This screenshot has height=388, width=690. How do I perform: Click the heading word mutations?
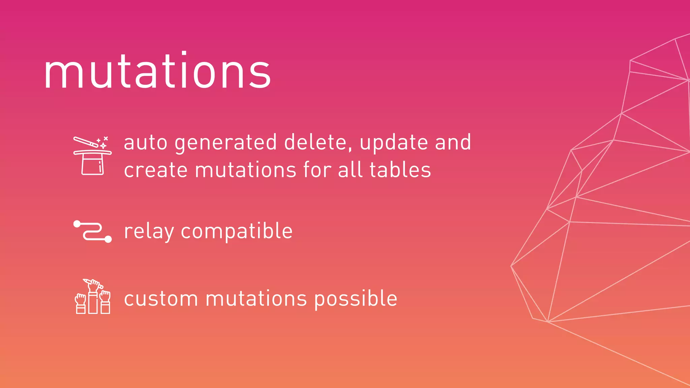click(x=157, y=71)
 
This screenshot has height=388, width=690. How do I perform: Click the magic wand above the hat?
click(x=86, y=142)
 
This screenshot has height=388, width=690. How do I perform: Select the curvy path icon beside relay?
click(x=92, y=231)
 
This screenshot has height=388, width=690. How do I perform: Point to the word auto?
click(x=146, y=143)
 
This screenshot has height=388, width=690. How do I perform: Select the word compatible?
click(x=237, y=232)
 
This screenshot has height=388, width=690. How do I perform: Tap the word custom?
click(x=161, y=299)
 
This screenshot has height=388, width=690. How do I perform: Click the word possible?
click(x=356, y=299)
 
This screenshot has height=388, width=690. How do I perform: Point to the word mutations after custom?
click(x=256, y=299)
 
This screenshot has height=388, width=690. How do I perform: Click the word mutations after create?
click(x=246, y=170)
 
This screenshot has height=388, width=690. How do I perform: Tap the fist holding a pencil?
click(x=93, y=285)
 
